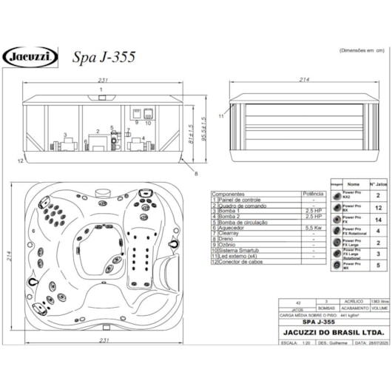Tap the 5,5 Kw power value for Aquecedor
click(313, 229)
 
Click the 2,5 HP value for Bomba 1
click(313, 209)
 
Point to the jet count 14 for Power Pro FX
click(378, 220)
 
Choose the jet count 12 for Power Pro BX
click(378, 209)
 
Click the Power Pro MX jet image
click(336, 263)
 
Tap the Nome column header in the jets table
click(354, 183)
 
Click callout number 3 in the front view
click(65, 135)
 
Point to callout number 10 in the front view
click(148, 124)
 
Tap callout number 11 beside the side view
click(221, 116)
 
